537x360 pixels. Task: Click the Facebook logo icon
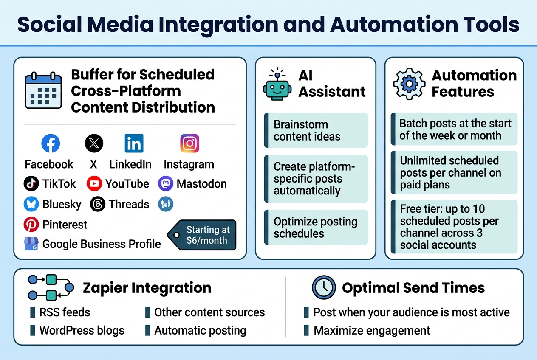pos(51,144)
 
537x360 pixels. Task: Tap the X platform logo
pos(94,143)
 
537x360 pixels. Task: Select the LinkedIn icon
pos(134,144)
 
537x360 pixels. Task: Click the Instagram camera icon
pos(189,143)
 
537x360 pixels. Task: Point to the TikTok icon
pos(31,184)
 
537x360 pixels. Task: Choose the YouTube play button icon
pos(94,184)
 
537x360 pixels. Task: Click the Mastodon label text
pos(201,184)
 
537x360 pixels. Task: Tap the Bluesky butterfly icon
pos(31,204)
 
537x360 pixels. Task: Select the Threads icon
pos(97,204)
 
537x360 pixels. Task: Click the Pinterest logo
pos(31,225)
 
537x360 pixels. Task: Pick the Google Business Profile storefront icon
pos(31,244)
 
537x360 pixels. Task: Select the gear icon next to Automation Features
pos(409,84)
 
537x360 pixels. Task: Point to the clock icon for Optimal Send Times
pos(324,288)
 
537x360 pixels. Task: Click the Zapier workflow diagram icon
pos(50,287)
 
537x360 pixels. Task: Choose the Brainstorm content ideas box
pos(316,130)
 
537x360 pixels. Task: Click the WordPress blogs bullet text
pos(82,330)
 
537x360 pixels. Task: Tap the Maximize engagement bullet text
pos(372,330)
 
